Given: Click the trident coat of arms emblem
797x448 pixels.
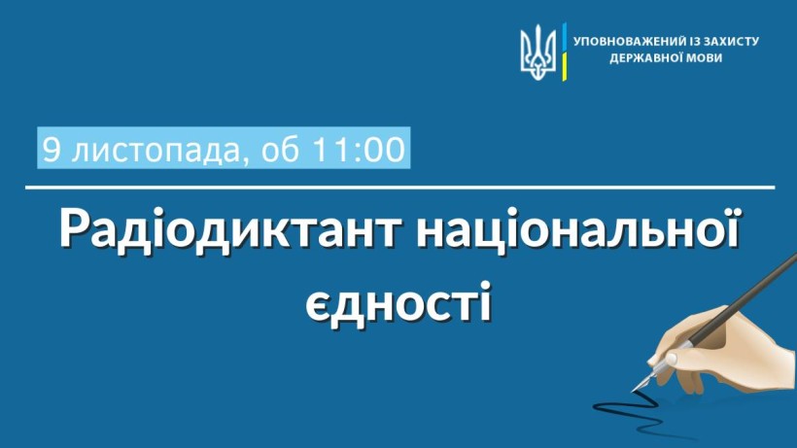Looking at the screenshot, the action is coord(538,52).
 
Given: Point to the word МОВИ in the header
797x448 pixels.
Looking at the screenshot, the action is coord(704,57).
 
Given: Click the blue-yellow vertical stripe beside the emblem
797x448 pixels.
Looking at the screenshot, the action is coord(564,52).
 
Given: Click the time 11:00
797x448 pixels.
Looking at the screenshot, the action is coord(359,150).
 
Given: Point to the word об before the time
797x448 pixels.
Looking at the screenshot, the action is coord(280,150).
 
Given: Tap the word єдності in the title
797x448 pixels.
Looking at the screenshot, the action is coord(398,302).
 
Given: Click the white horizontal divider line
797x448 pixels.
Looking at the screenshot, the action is coord(400,188).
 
